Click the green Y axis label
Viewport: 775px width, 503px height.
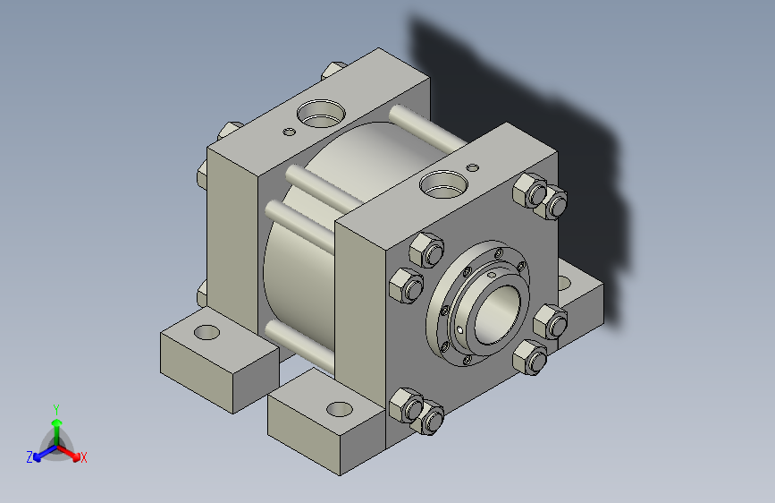56,410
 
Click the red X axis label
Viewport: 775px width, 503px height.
83,457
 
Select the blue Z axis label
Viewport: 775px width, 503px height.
29,457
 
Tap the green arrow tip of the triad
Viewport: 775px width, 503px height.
57,422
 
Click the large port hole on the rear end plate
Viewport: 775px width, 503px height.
321,114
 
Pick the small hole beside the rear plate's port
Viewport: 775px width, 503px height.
289,132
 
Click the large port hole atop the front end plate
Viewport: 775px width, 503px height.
443,184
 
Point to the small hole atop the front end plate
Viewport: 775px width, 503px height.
473,167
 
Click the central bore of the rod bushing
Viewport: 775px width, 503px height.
497,314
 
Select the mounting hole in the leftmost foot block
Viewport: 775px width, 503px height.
206,332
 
